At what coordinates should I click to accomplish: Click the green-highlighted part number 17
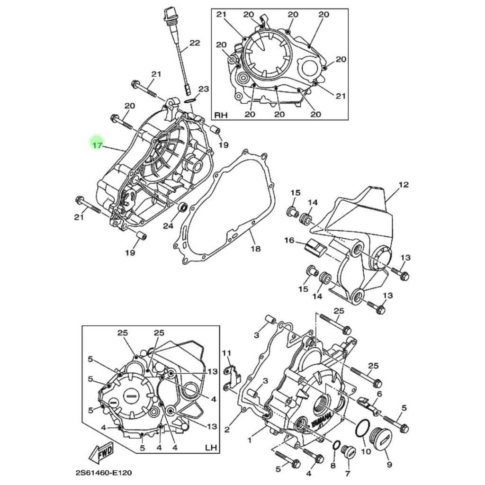(97, 145)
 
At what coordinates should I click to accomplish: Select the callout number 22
(195, 43)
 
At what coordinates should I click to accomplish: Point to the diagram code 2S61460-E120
(104, 473)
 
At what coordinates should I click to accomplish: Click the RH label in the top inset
(221, 115)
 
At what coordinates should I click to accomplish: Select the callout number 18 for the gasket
(255, 248)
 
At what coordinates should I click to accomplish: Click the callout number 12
(404, 184)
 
